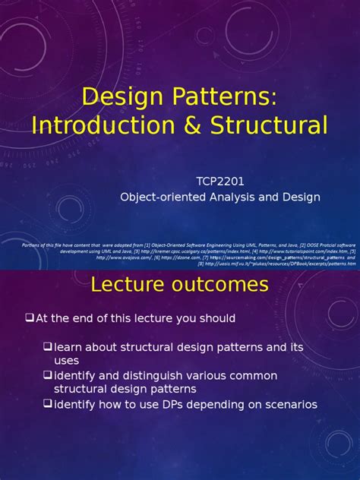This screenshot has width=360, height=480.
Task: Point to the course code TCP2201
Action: click(x=220, y=182)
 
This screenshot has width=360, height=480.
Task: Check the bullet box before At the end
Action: click(x=30, y=317)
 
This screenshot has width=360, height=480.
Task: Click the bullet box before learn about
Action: click(x=47, y=346)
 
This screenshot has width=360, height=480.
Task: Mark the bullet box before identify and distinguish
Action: click(x=47, y=375)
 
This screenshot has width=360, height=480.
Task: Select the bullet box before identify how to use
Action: click(x=47, y=404)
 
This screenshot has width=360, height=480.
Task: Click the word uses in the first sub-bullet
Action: click(x=67, y=361)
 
